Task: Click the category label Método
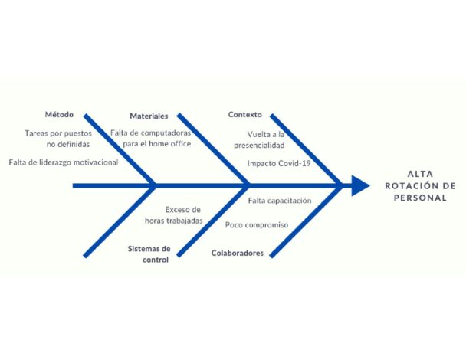coord(59,114)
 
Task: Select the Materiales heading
coord(149,116)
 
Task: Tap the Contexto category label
coord(245,114)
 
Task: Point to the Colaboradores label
coord(237,253)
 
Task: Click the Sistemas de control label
coord(149,254)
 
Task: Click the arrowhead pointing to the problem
coord(360,185)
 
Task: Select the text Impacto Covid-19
coord(279,163)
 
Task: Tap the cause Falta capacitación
coord(280,201)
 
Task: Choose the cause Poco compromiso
coord(257,225)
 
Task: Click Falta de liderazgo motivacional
coord(64,162)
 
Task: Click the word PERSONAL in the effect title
coord(420,198)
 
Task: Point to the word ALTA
coord(420,174)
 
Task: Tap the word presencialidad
coord(259,146)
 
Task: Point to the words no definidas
coord(68,144)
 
